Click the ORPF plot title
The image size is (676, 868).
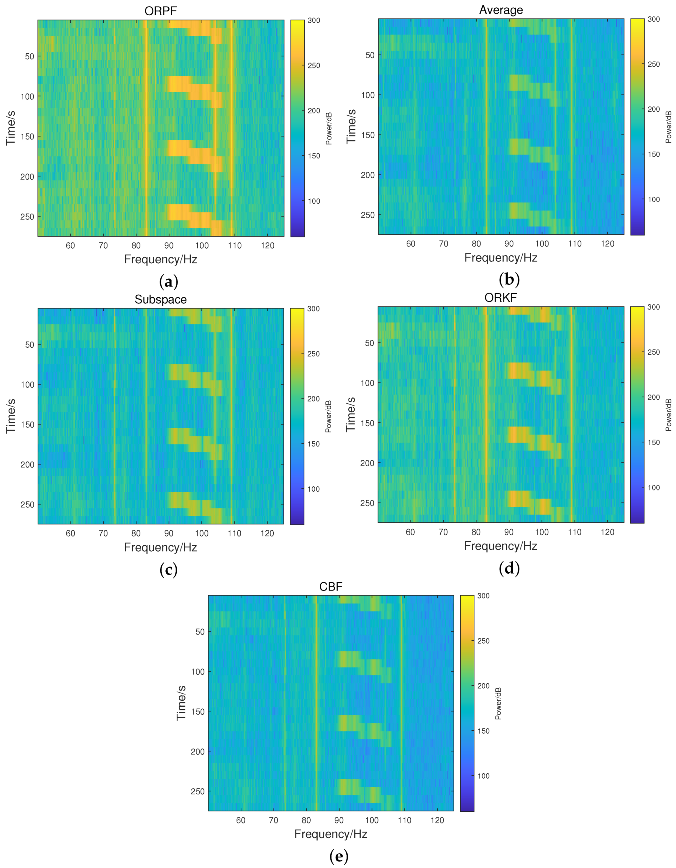160,11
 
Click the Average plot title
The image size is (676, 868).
501,10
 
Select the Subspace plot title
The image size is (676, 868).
160,299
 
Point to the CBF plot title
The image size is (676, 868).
330,587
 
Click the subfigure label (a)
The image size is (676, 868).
168,282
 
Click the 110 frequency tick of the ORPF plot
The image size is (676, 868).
235,246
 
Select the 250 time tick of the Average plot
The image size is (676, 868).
367,215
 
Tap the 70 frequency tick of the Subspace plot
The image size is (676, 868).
103,533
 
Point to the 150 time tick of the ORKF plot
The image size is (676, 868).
367,423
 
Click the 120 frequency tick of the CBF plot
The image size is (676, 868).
437,820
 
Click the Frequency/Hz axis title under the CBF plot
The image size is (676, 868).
330,834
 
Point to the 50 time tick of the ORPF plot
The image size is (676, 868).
30,57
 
